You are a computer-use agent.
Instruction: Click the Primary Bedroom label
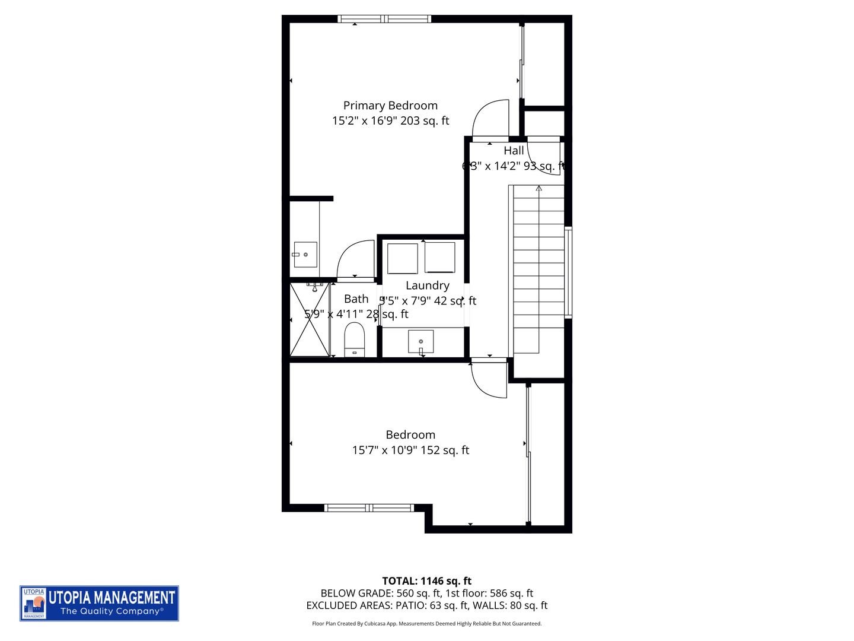coord(390,106)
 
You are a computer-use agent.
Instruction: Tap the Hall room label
coord(514,151)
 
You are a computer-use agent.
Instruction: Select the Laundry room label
coord(427,285)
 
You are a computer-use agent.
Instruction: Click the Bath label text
coord(356,299)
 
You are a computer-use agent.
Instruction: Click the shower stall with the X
coord(309,320)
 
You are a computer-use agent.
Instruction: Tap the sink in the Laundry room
coord(420,342)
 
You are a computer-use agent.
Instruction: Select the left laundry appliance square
coord(403,258)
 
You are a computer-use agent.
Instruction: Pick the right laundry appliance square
coord(439,258)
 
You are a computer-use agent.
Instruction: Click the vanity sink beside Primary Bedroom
coord(305,255)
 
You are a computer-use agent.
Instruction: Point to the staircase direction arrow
coord(538,189)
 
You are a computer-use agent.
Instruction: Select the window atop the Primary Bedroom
coord(384,19)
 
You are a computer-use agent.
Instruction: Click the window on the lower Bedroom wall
coord(369,508)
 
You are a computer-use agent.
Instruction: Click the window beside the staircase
coord(568,272)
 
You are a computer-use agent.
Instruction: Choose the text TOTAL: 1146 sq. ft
coord(426,581)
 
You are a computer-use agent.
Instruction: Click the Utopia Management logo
coord(99,603)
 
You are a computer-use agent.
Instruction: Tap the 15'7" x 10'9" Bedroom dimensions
coord(410,450)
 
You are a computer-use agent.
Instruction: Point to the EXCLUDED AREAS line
coord(426,606)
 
